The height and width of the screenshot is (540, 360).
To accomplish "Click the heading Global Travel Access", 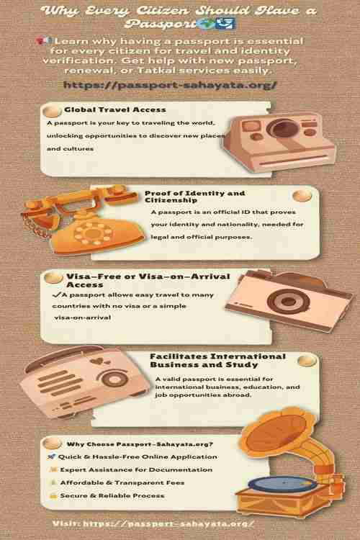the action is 115,110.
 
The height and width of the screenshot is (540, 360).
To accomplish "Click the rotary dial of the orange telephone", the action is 93,233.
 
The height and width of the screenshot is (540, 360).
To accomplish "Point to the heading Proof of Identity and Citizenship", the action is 195,197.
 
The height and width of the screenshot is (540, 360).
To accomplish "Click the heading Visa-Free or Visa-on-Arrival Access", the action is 148,280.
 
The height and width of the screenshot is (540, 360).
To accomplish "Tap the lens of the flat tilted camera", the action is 288,302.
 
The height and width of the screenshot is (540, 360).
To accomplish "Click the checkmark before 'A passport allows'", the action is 56,294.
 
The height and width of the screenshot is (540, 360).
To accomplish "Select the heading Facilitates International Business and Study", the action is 217,361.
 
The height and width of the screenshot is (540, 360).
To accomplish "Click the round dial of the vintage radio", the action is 114,379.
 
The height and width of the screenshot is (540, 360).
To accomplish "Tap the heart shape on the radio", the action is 98,361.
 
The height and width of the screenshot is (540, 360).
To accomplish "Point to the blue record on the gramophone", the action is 282,484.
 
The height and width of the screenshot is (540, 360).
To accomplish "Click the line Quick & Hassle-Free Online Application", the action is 138,457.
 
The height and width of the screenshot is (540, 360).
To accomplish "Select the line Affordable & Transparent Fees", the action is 122,483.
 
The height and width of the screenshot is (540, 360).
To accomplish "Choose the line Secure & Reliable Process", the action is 112,496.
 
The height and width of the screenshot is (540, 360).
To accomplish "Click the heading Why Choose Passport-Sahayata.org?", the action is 140,444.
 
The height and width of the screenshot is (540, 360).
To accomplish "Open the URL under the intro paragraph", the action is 170,85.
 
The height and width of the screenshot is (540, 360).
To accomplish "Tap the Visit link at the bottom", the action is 153,524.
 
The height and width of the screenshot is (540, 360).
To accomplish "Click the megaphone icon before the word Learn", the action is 44,41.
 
